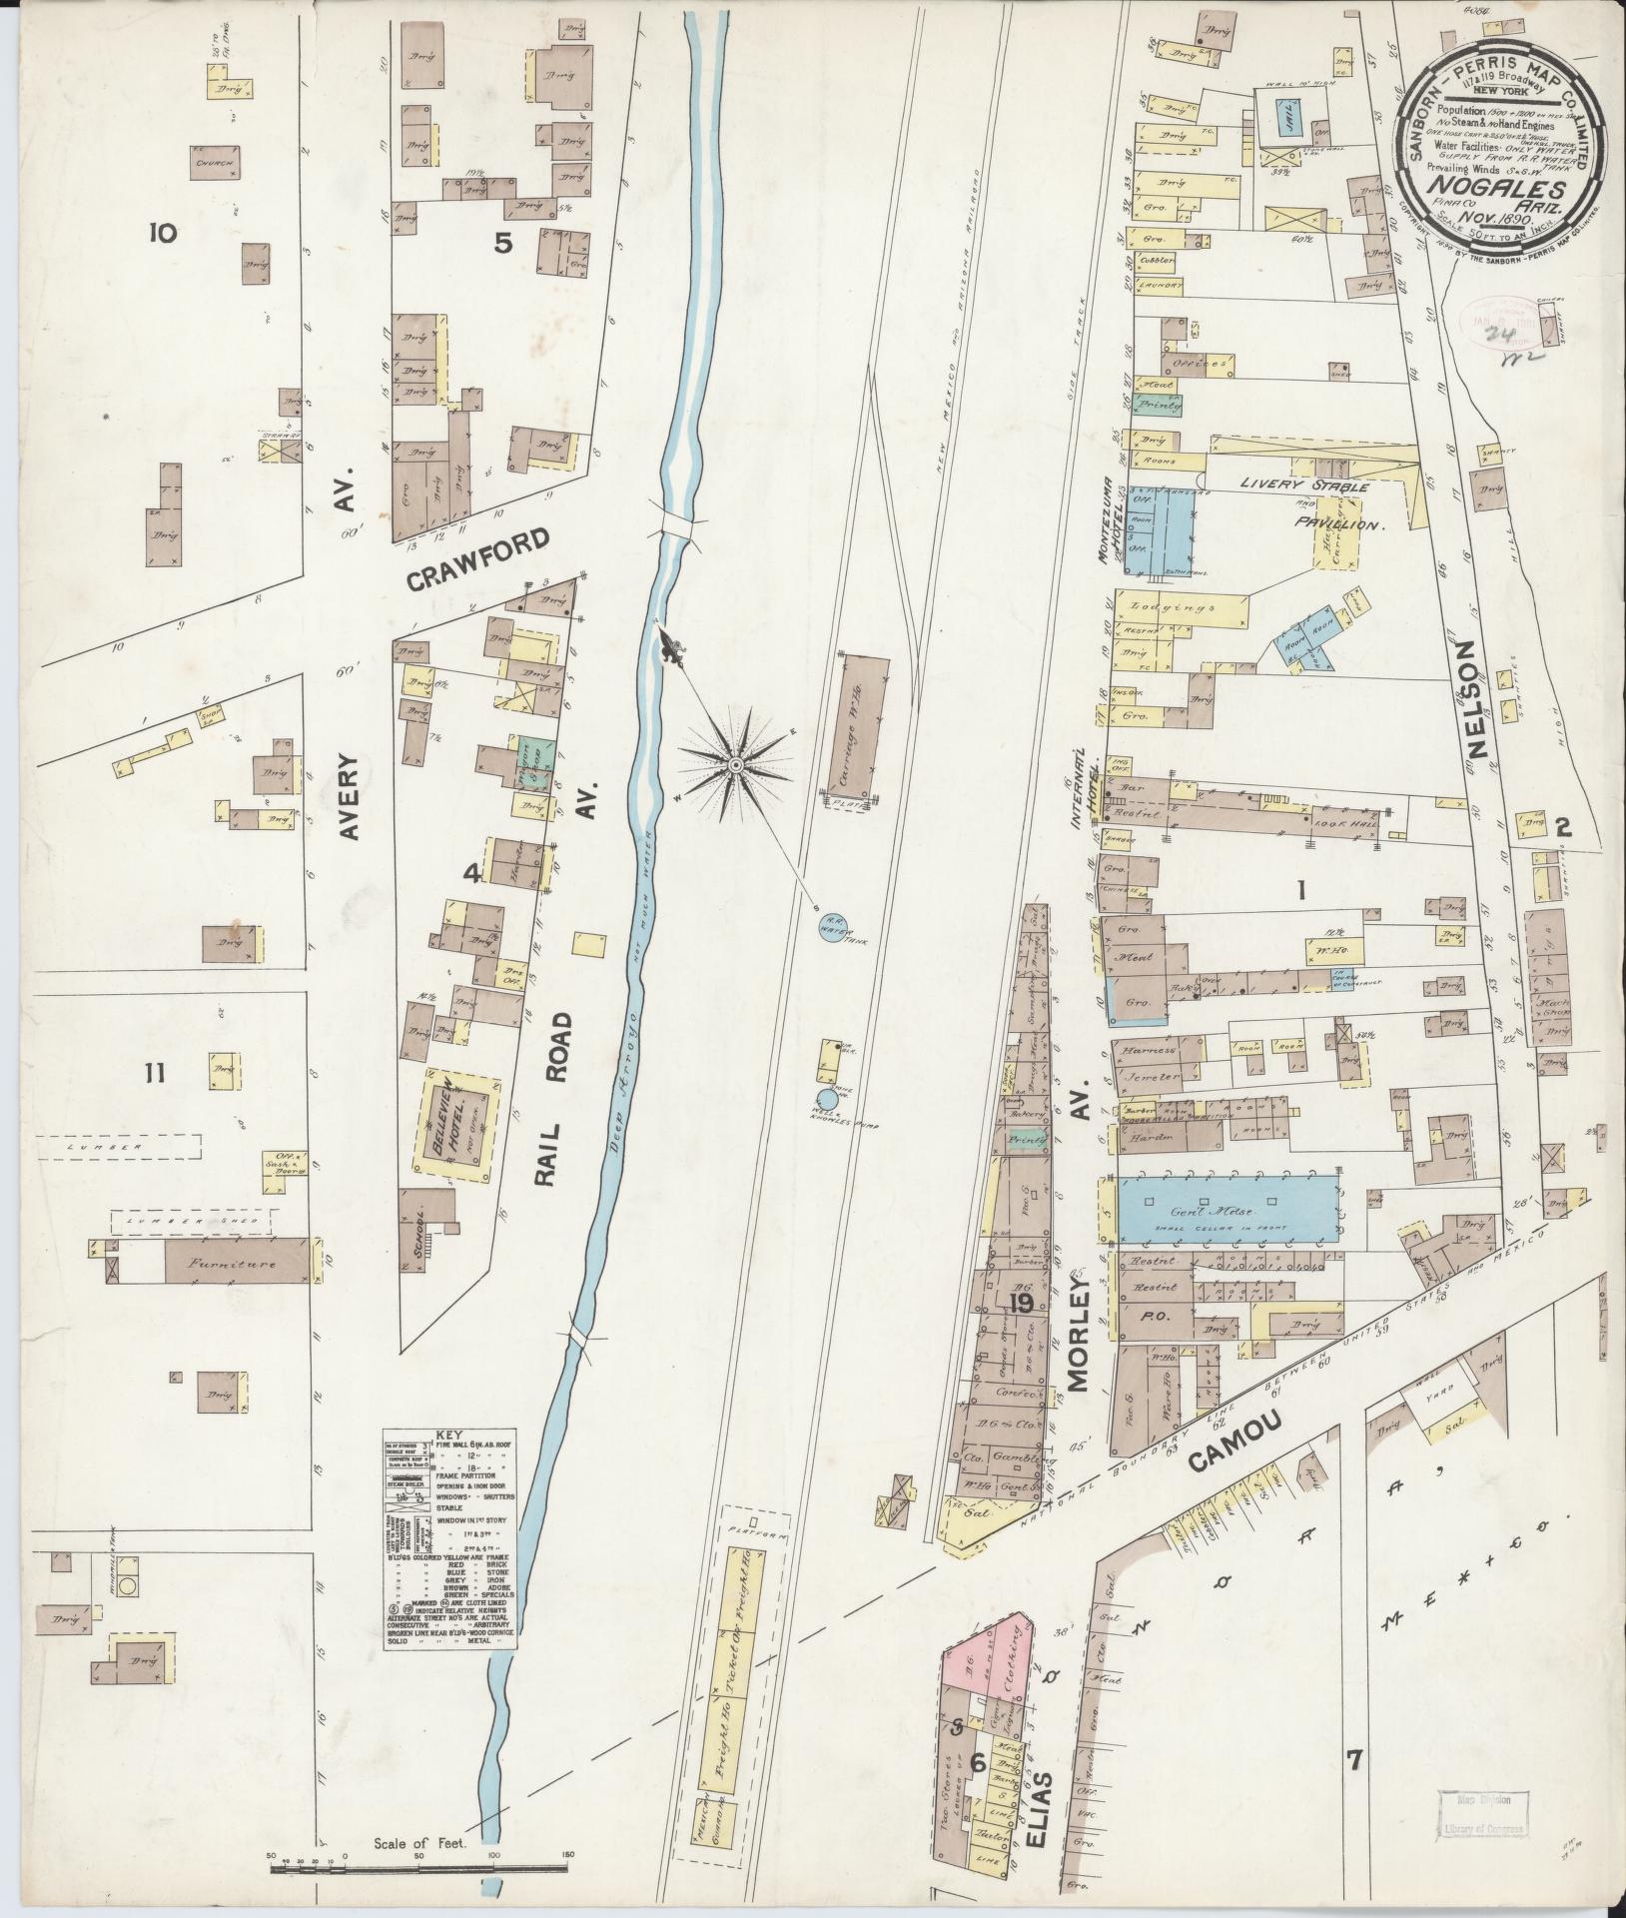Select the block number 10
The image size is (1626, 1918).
click(x=162, y=234)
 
